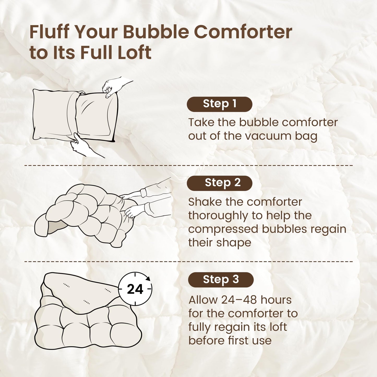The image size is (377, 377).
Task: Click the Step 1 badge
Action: tap(219, 104)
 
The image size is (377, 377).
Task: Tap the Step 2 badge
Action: tap(219, 183)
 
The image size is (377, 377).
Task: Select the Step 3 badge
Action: tap(221, 280)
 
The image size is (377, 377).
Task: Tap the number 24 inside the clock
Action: tap(135, 289)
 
